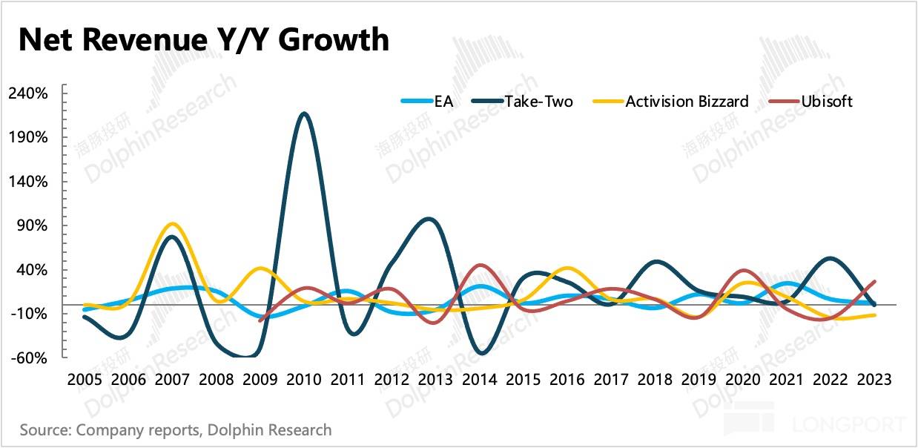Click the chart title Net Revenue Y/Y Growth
tap(203, 40)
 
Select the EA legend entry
tap(443, 102)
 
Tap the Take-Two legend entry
tap(538, 102)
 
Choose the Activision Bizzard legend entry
tap(687, 102)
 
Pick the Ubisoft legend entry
tap(826, 102)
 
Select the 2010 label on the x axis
tap(303, 379)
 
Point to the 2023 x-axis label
tap(874, 379)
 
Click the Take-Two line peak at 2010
tap(303, 113)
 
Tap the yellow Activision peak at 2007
tap(171, 223)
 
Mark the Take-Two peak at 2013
tap(429, 219)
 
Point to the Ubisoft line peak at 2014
tap(480, 265)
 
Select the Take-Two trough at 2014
tap(482, 353)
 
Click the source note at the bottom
tap(176, 430)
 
